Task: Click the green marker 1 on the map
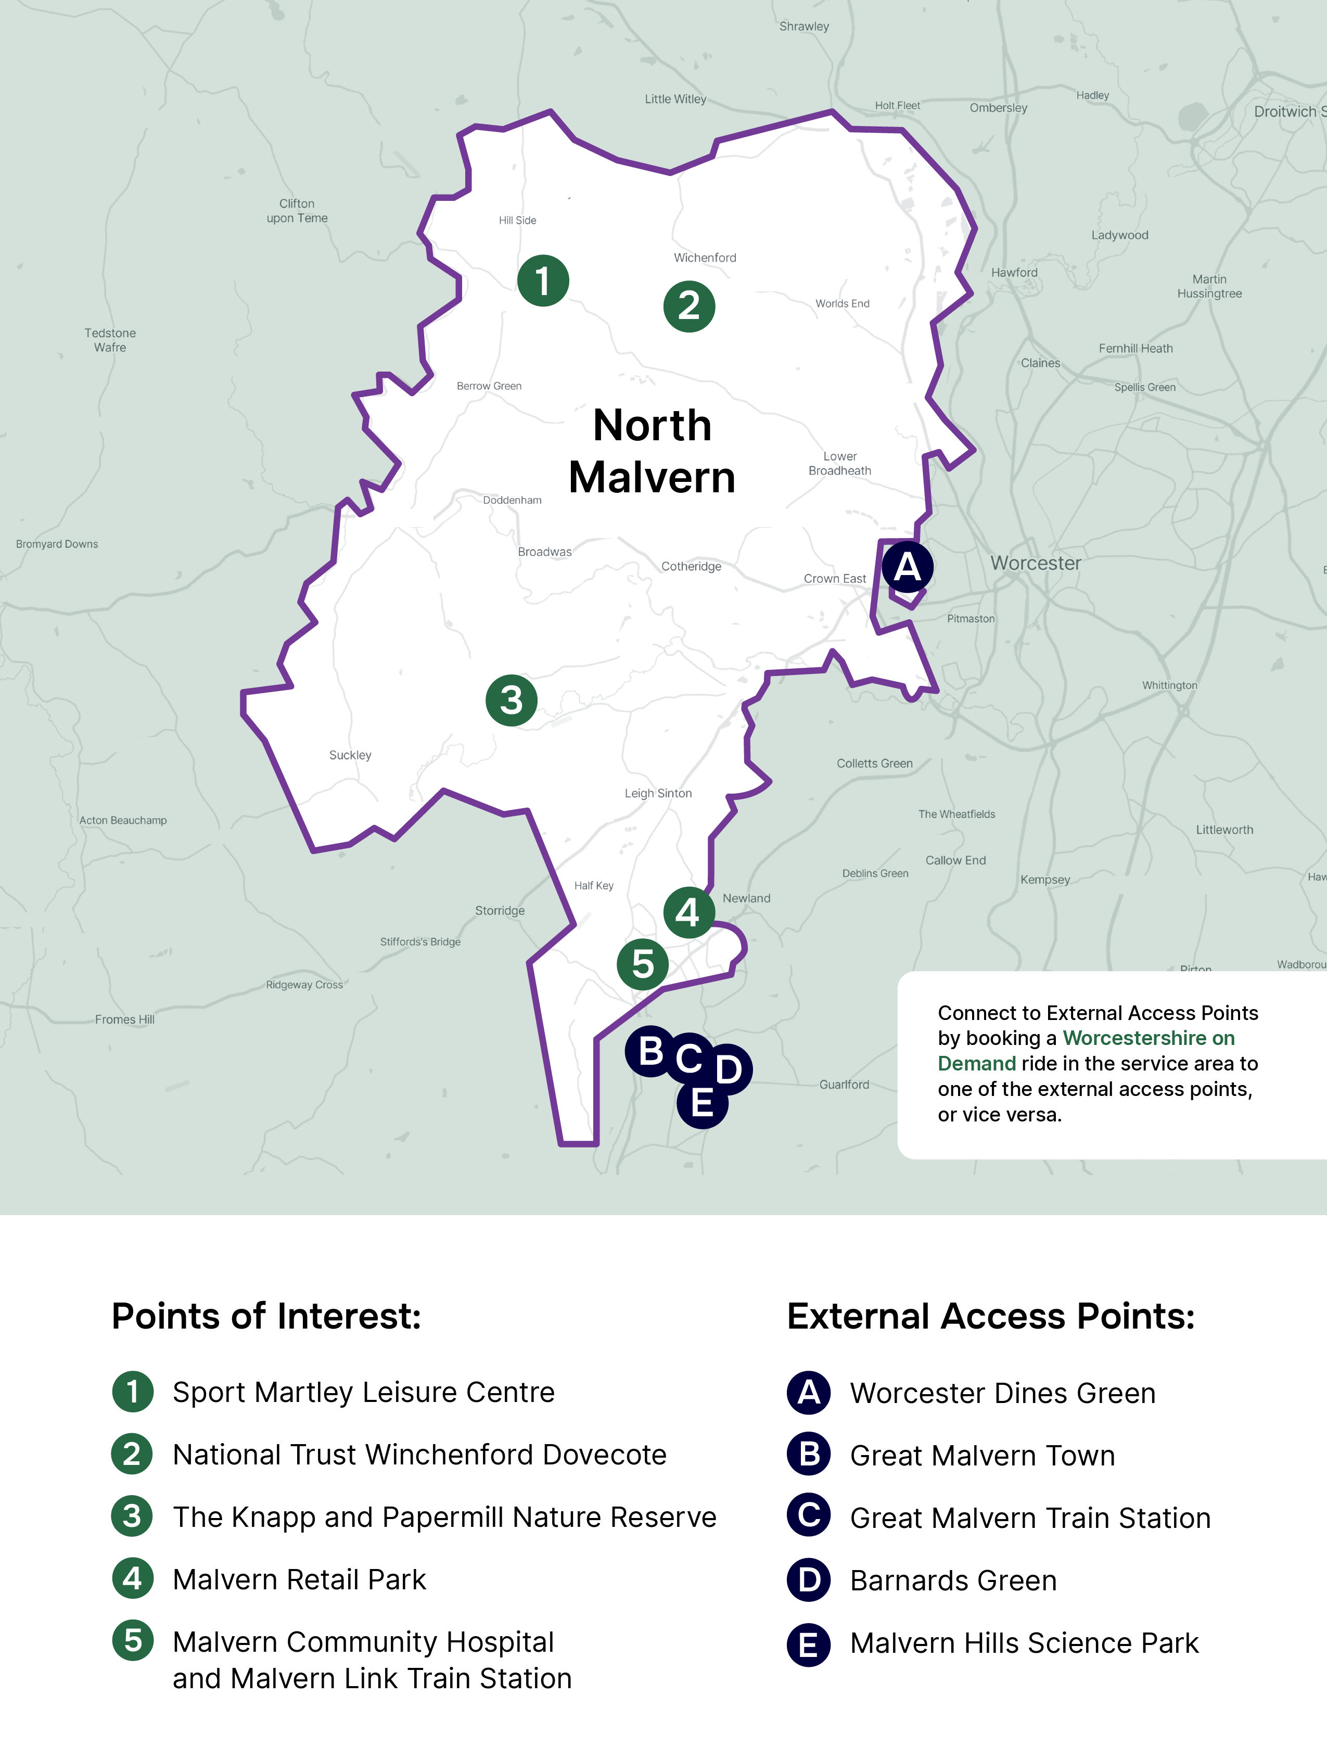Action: [543, 280]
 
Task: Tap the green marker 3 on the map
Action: [511, 700]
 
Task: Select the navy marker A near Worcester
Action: [907, 567]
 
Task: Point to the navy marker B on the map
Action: [651, 1051]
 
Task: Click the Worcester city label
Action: [1035, 563]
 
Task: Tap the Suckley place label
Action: [350, 755]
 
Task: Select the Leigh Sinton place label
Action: [658, 793]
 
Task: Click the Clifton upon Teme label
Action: [297, 211]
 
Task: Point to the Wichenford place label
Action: [705, 258]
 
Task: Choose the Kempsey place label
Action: [1044, 879]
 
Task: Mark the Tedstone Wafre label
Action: [110, 340]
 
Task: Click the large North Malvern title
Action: [652, 451]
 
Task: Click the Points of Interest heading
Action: [266, 1316]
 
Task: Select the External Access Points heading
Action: [990, 1316]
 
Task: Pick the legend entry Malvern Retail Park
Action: [299, 1579]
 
